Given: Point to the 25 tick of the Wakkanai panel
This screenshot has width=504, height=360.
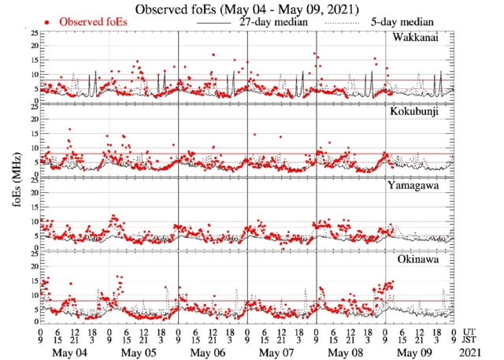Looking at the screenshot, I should [33, 34].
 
